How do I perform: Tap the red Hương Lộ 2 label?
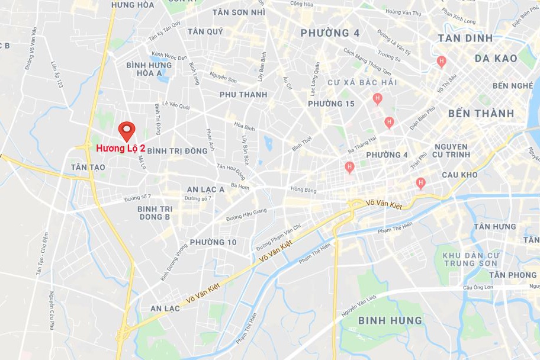point(121,149)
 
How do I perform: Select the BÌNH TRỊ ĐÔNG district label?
point(177,151)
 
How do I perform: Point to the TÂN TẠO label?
point(88,168)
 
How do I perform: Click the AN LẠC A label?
point(205,189)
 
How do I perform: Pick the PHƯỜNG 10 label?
point(213,242)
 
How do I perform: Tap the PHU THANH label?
point(243,95)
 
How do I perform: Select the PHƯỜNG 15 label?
point(331,104)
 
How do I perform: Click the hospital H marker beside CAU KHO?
point(420,182)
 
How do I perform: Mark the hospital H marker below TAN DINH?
point(441,61)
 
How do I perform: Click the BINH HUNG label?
point(390,321)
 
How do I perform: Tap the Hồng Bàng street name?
point(304,191)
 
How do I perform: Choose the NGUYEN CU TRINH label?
point(451,150)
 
